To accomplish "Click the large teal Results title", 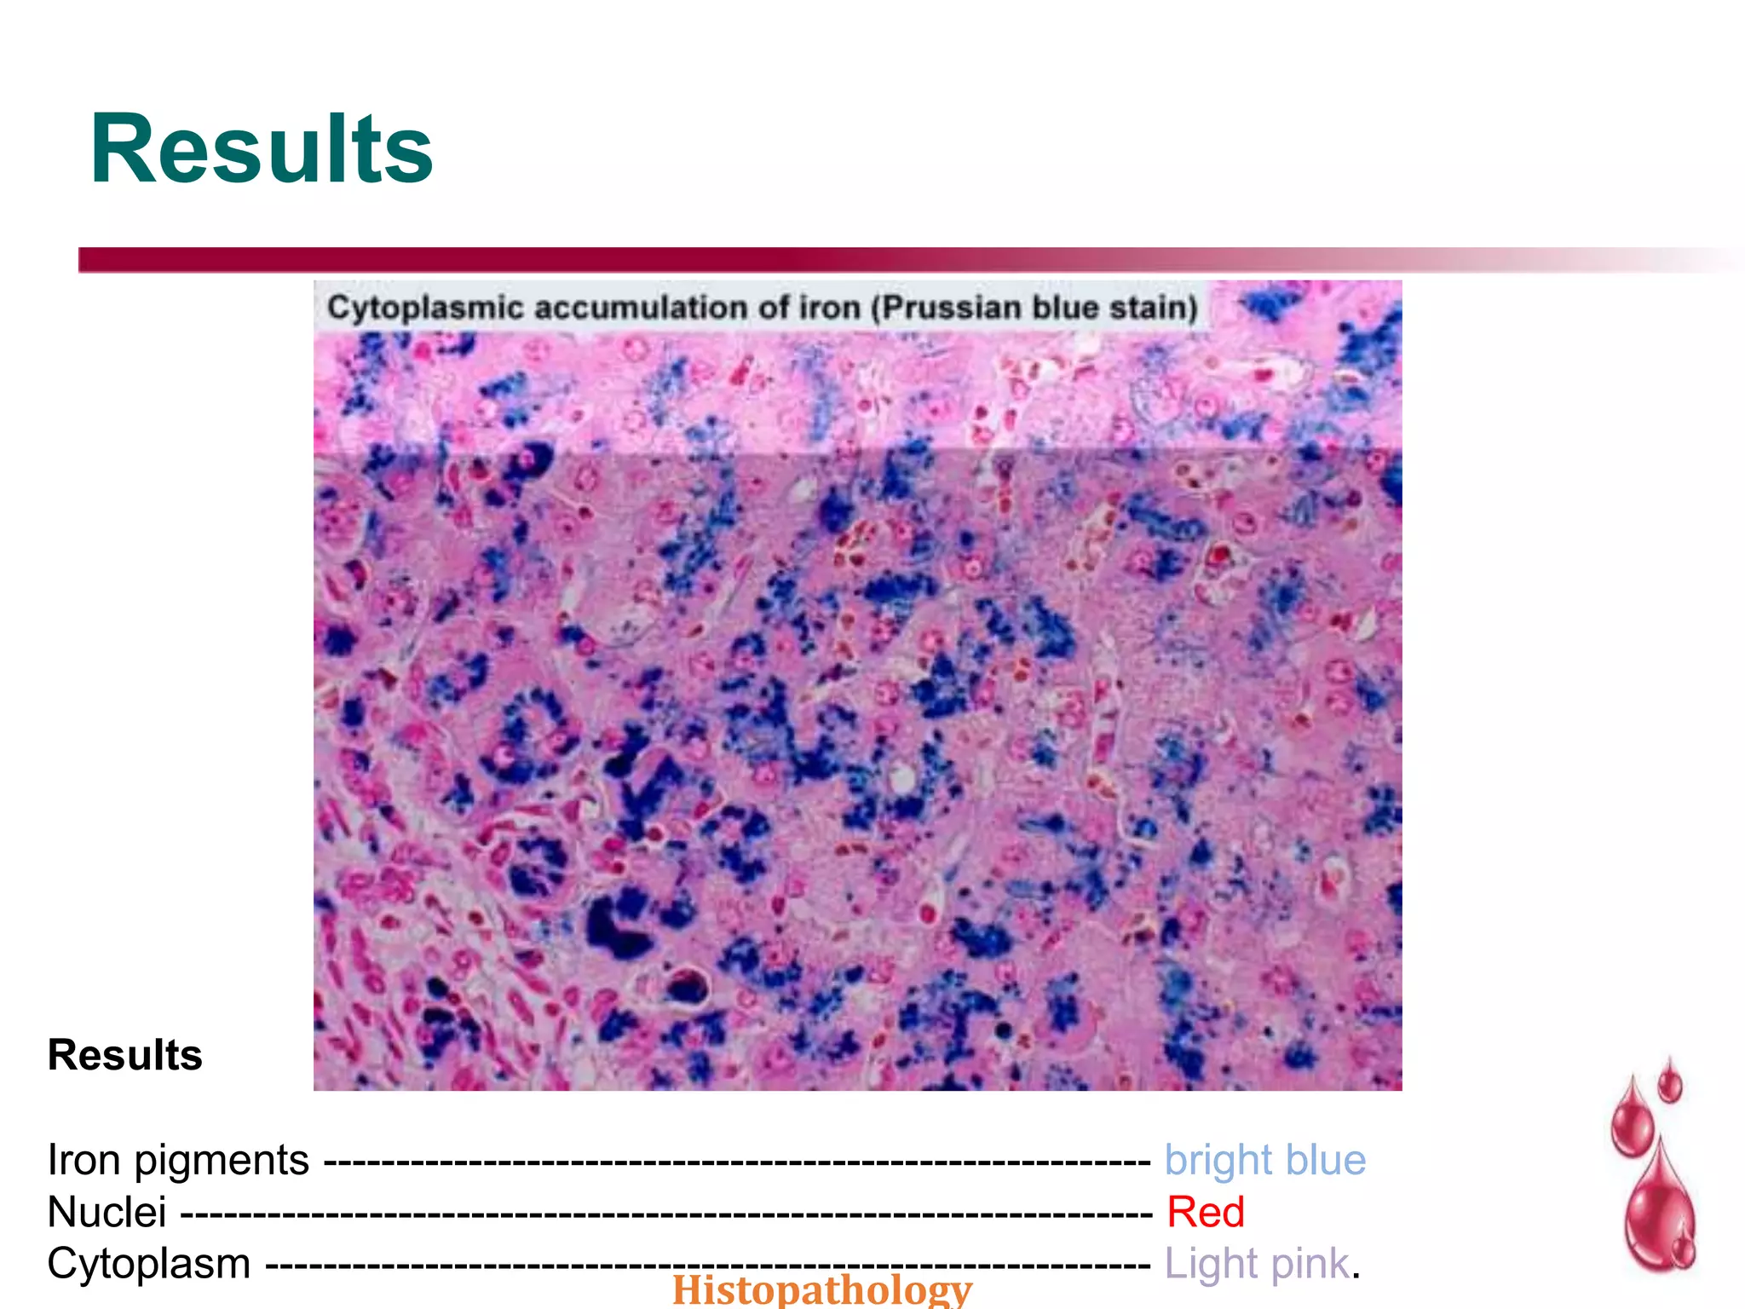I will coord(261,150).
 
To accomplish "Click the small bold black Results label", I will coord(125,1055).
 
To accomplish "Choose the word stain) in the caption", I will coord(1154,308).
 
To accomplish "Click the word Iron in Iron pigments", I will coord(83,1160).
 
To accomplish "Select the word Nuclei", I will coord(107,1212).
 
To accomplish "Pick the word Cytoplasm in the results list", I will coord(149,1264).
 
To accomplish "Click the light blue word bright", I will coord(1218,1161).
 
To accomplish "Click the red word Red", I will coord(1205,1212).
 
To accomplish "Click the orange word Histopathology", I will coord(821,1290).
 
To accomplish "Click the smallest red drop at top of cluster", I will coord(1670,1082).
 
